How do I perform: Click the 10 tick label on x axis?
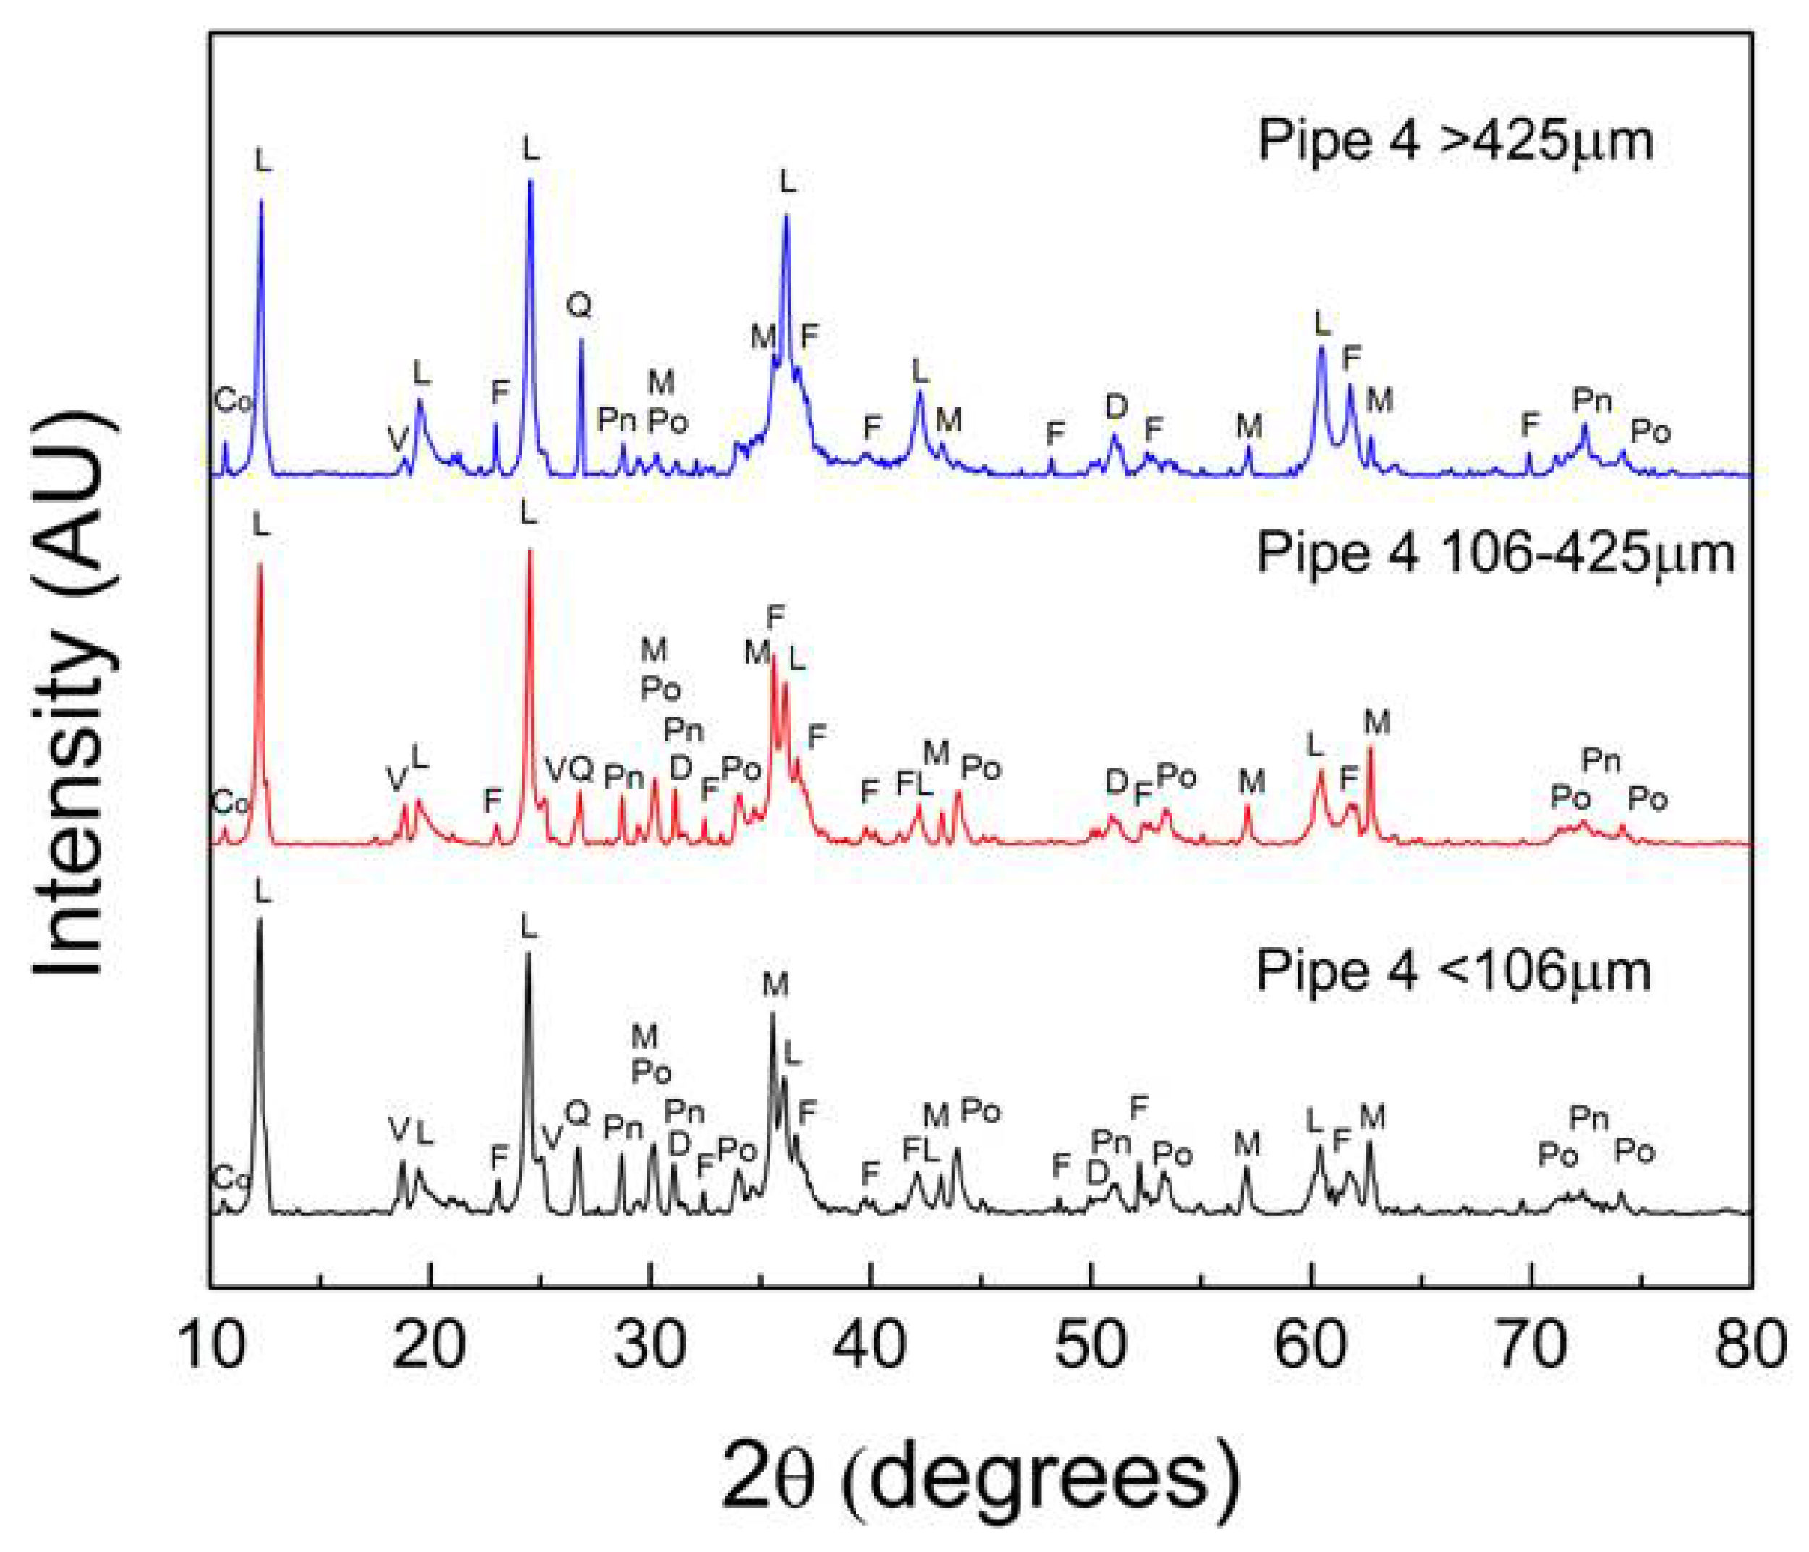212,1345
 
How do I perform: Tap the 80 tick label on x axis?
1749,1345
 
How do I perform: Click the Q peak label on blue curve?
579,304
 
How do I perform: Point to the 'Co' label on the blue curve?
232,401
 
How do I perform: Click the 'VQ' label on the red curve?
569,770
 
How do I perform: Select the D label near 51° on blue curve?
1116,406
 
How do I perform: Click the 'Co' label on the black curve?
231,1180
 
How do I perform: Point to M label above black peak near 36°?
775,984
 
